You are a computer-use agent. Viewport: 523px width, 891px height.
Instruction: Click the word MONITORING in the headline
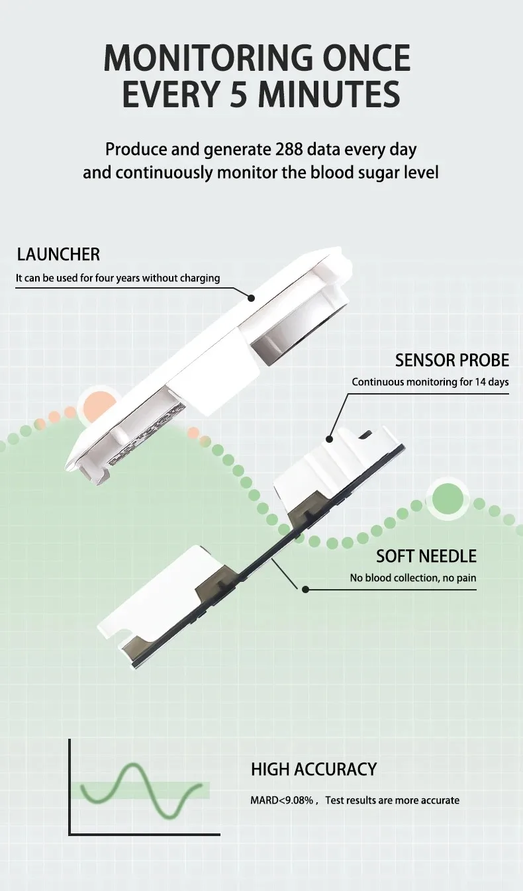click(209, 58)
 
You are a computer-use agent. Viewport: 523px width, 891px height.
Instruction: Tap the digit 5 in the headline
click(238, 94)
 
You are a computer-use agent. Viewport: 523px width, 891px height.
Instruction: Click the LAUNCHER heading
click(58, 255)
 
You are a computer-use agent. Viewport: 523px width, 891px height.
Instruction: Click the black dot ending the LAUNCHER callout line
click(251, 297)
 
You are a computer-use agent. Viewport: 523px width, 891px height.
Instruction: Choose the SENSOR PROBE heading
click(452, 360)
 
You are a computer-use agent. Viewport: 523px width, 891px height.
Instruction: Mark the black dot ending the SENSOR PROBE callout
click(329, 439)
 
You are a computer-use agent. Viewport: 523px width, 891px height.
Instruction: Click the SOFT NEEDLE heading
click(426, 556)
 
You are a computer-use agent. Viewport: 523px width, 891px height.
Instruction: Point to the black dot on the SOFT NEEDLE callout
click(305, 590)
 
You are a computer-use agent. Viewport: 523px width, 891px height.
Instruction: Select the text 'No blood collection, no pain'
click(413, 578)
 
